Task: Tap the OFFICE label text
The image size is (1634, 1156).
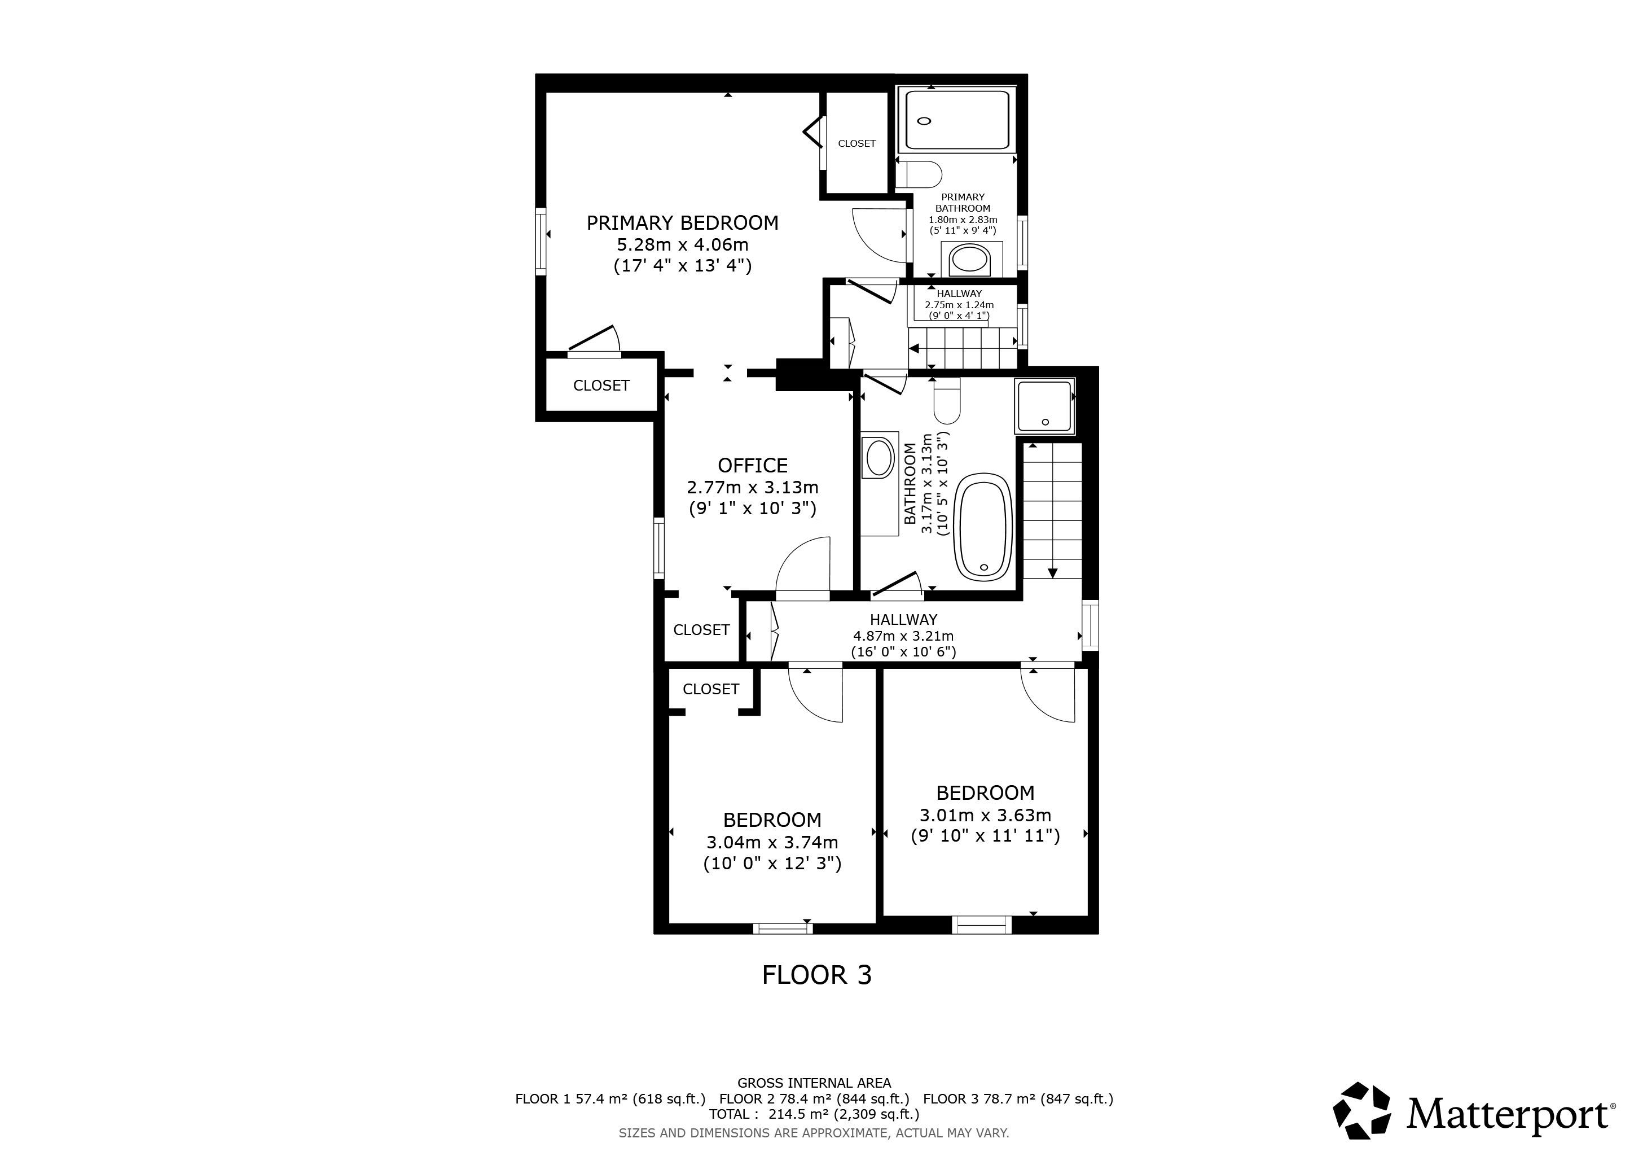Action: [752, 466]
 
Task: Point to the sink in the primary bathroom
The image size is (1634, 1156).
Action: [969, 260]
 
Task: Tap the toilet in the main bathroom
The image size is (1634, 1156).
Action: [947, 401]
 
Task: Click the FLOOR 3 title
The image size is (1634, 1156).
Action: [816, 974]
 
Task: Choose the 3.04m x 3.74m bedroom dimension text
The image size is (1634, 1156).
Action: [772, 842]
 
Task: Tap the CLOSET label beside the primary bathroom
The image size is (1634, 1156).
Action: [857, 143]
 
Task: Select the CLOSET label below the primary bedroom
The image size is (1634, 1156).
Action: [601, 385]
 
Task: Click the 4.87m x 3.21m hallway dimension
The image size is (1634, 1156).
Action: [903, 636]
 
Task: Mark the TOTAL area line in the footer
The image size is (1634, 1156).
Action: [814, 1114]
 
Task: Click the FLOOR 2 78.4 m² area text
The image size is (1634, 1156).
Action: [814, 1098]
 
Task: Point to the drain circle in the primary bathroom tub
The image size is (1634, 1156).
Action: [924, 121]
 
